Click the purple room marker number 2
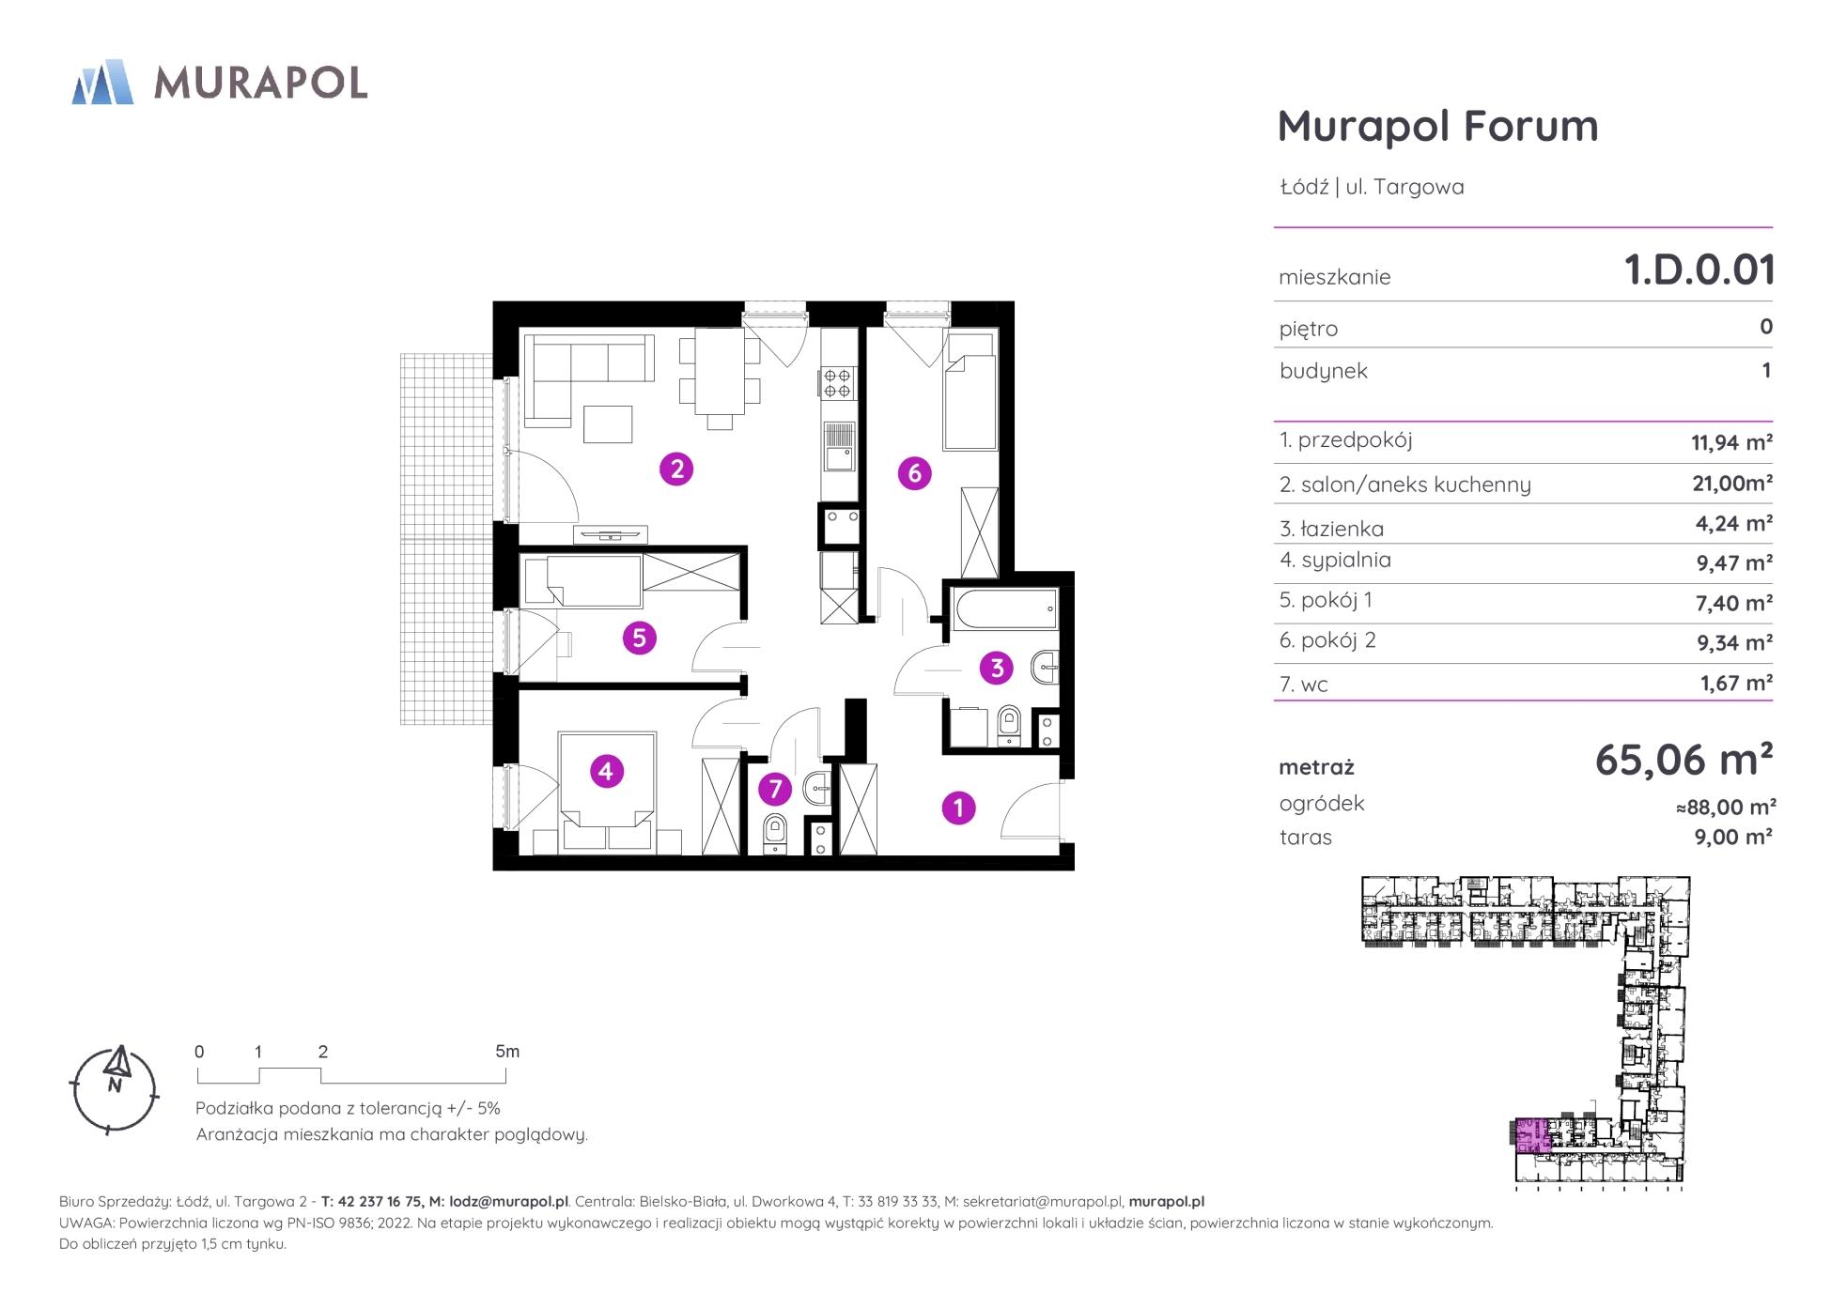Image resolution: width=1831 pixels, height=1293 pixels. [676, 468]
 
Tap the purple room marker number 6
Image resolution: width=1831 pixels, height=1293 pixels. [915, 473]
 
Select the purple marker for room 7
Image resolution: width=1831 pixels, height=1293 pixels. [775, 789]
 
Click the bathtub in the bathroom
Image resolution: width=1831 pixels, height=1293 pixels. [1005, 608]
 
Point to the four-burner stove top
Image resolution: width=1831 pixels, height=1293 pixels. [838, 382]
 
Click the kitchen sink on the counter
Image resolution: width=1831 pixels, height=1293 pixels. [838, 447]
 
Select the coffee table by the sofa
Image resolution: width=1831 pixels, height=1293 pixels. [608, 423]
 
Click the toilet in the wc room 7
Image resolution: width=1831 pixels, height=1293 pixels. [775, 833]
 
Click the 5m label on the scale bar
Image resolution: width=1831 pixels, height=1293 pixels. [507, 1052]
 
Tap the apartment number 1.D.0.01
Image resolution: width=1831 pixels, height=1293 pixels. [1699, 269]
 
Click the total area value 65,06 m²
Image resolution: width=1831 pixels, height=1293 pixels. [1684, 759]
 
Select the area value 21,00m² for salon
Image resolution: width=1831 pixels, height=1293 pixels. [1732, 483]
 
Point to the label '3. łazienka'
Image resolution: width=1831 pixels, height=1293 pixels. [1331, 529]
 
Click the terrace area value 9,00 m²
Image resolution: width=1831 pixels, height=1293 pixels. [1733, 837]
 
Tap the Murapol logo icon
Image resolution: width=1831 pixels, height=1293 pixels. [102, 82]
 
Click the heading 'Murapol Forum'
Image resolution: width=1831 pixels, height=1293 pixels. [1437, 126]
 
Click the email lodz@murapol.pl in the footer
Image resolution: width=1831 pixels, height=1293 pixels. [508, 1201]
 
